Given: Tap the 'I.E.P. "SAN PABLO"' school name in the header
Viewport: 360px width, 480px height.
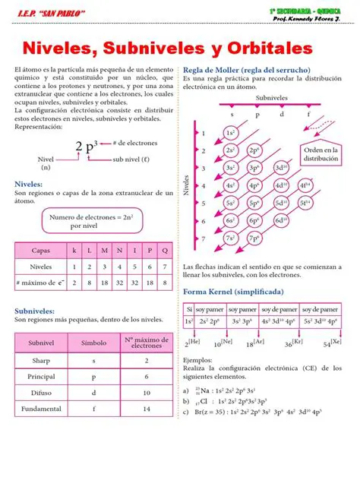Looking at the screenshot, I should point(49,13).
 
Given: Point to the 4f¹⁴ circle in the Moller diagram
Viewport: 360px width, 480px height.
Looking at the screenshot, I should point(305,185).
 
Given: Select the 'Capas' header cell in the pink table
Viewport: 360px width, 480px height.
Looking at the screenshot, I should point(41,250).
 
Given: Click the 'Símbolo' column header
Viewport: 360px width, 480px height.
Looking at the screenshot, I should point(94,343).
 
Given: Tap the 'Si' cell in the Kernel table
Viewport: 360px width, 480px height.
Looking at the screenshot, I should point(189,309).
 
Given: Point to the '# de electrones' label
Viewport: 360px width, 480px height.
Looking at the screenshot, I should point(134,143).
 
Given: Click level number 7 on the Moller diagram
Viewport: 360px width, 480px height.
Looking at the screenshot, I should point(203,238).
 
